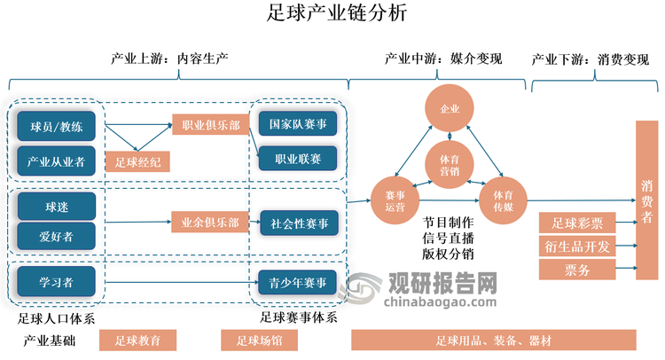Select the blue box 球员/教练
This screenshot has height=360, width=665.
click(56, 127)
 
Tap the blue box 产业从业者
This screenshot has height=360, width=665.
click(56, 160)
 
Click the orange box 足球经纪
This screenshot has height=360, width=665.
click(137, 161)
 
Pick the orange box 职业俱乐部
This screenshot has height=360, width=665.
click(209, 126)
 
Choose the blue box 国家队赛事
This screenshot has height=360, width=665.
click(297, 124)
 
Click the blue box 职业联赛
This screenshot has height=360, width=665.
click(297, 158)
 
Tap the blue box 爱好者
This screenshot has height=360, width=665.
click(56, 236)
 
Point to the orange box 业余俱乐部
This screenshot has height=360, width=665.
click(209, 223)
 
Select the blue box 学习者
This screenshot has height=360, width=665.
click(56, 282)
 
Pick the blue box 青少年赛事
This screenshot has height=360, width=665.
click(297, 283)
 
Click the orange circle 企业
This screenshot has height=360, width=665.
click(450, 109)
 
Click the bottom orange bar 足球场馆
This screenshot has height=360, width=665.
click(260, 340)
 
